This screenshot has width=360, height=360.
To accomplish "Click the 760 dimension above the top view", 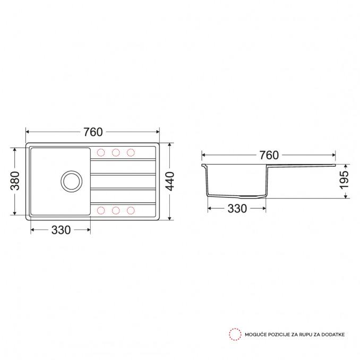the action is [93, 132].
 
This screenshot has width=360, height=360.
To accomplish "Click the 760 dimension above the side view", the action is [269, 155].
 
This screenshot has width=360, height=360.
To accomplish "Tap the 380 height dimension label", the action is [15, 181].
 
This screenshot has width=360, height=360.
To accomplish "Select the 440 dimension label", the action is [170, 182].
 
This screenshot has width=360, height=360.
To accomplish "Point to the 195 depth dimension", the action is [344, 180].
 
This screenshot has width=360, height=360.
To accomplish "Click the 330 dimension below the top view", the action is [61, 230].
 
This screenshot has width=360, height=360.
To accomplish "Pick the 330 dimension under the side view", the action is [237, 209].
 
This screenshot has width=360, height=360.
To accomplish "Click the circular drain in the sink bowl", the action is [72, 182].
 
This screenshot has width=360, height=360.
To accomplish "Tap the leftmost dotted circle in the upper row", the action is [101, 152].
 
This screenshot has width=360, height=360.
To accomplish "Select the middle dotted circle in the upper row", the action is [116, 152].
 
